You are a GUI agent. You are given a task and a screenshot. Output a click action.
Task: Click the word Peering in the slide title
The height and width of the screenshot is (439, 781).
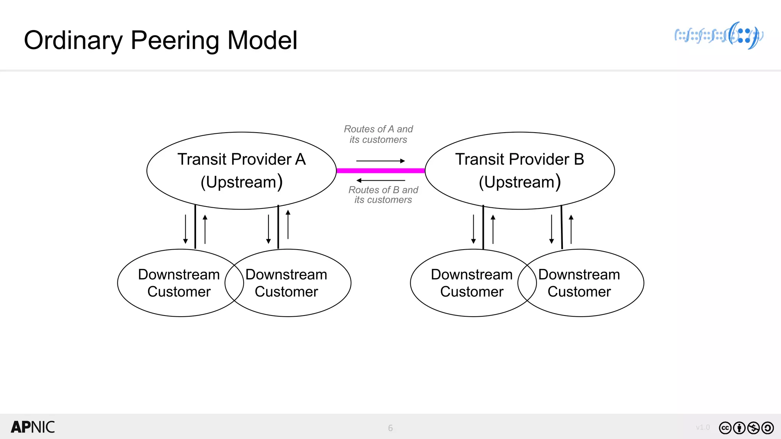click(x=175, y=40)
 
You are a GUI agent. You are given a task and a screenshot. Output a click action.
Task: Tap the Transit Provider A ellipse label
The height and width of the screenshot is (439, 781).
click(x=241, y=160)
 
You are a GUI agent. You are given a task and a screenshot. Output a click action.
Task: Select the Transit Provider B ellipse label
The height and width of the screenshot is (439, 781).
click(x=519, y=160)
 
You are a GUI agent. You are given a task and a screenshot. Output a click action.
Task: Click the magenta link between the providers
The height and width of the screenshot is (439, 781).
click(x=381, y=171)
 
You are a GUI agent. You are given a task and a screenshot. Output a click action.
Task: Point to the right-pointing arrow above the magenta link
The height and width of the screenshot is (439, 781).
click(x=381, y=161)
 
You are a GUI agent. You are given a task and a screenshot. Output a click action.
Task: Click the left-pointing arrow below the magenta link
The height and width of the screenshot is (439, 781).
click(x=381, y=180)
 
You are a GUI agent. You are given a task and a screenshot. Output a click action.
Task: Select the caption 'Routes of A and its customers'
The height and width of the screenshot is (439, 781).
click(x=378, y=134)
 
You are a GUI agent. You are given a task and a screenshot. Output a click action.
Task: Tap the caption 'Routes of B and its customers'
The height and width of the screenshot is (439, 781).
click(x=383, y=195)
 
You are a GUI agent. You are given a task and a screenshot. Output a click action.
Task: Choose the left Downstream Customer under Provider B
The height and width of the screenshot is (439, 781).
click(x=471, y=283)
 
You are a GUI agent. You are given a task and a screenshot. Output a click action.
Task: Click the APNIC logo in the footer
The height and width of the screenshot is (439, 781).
click(x=33, y=427)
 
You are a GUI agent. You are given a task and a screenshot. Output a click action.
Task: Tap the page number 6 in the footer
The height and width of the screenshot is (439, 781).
click(x=390, y=428)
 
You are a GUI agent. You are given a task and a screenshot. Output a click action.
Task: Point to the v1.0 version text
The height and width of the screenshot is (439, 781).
click(x=702, y=427)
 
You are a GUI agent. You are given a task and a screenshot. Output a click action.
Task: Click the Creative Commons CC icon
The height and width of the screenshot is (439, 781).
click(x=725, y=428)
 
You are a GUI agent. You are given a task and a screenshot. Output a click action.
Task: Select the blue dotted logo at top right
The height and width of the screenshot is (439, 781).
click(x=719, y=36)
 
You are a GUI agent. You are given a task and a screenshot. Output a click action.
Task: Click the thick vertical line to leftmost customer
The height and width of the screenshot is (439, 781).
click(x=195, y=227)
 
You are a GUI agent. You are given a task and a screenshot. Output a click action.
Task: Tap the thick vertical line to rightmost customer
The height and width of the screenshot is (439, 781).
click(x=562, y=227)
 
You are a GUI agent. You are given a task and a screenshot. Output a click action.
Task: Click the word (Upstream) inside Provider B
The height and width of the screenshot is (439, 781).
click(x=519, y=182)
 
